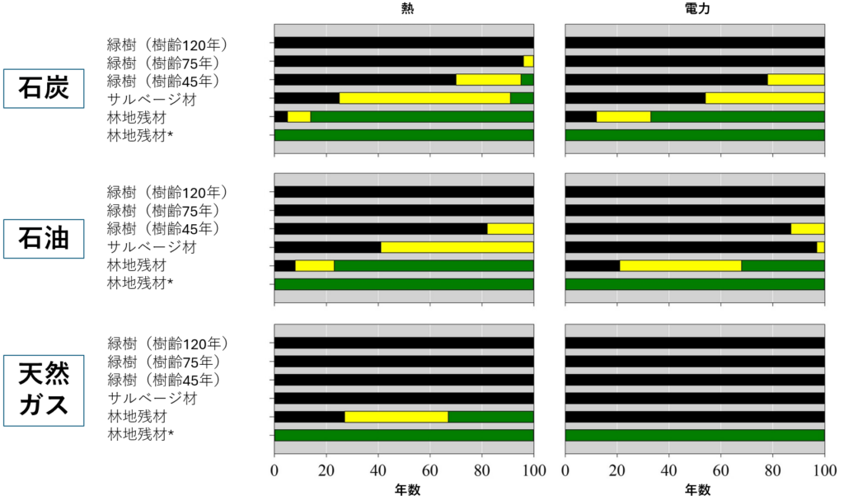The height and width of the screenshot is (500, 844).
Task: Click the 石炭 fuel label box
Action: coord(45,89)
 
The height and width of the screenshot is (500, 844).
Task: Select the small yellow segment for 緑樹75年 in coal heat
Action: coord(528,61)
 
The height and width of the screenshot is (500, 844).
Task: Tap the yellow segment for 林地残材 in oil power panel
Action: coord(680,265)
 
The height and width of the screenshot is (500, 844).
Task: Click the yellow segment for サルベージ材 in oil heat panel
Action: coord(457,247)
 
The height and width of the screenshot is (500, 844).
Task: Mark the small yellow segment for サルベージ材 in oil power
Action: coord(820,247)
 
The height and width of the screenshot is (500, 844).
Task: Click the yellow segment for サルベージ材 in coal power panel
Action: coord(764,98)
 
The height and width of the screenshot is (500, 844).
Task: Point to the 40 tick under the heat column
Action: coord(378,472)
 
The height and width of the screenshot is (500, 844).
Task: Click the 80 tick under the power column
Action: coord(772,472)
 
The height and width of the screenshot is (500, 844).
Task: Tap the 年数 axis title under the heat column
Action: coord(404,490)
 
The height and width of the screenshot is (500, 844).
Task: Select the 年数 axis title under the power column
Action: coord(695,490)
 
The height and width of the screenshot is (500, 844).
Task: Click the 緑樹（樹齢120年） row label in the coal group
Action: coord(167,44)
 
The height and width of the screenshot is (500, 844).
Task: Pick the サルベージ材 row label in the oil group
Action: coord(152,247)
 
